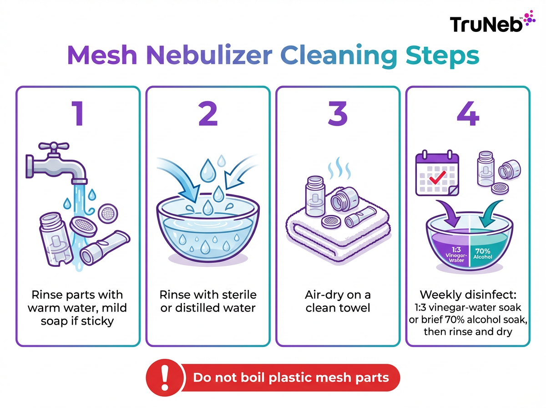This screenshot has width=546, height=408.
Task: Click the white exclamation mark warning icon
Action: [165, 378]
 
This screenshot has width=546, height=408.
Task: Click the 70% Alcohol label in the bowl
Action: [482, 253]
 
